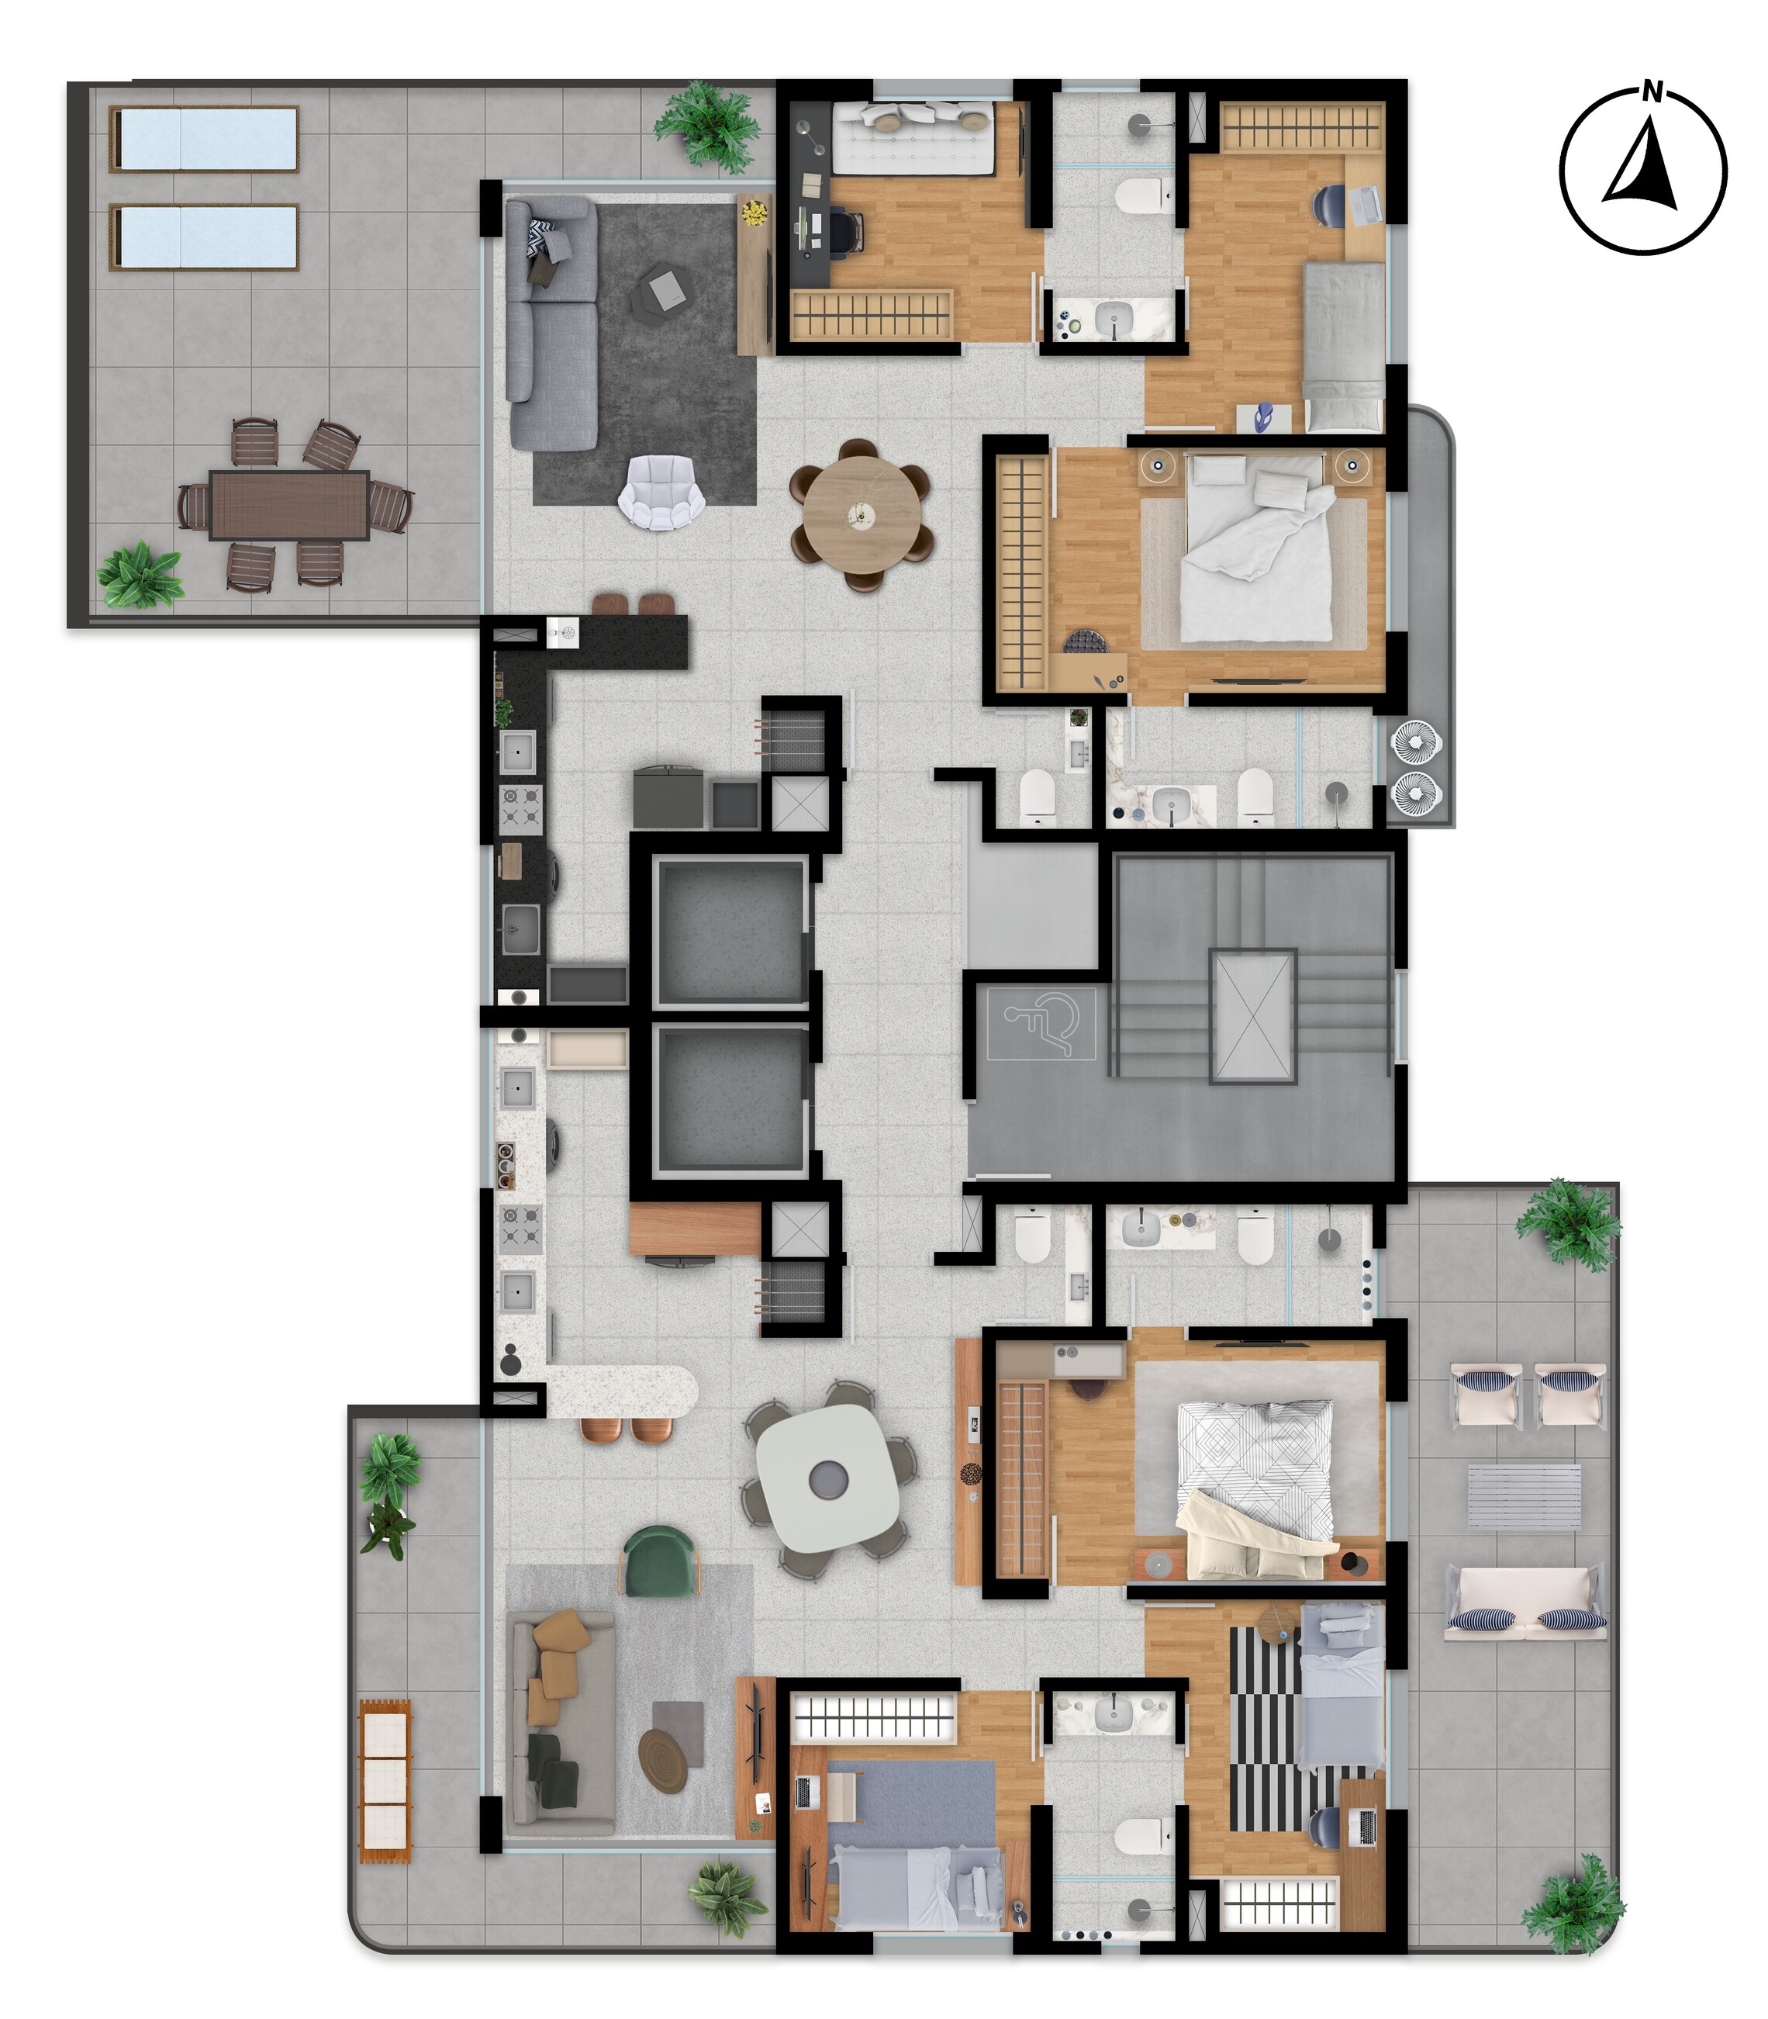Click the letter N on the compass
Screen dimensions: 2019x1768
1652,94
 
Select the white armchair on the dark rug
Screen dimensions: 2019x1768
661,493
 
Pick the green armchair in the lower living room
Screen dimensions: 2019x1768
659,1558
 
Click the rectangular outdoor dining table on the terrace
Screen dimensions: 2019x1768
289,504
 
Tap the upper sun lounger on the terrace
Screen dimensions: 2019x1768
204,139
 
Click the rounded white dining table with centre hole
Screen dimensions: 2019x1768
827,1478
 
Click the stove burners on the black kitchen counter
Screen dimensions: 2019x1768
521,805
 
